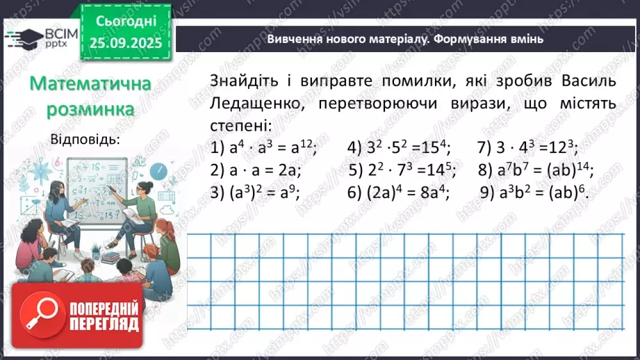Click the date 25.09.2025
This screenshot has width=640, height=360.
pos(124,42)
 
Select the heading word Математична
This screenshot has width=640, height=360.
pos(91,84)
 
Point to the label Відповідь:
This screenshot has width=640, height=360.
pos(85,138)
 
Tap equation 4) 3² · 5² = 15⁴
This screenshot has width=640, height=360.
pos(398,148)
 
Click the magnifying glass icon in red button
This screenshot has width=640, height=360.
pos(40,313)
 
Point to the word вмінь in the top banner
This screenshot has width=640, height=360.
pos(525,40)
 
